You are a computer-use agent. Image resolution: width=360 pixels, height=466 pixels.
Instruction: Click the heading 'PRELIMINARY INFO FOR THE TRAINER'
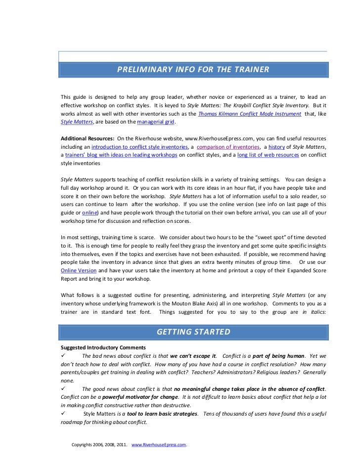pos(193,70)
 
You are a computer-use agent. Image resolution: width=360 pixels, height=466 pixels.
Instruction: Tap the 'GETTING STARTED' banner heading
pos(193,332)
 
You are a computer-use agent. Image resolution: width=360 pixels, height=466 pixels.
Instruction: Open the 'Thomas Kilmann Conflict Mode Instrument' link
pos(249,113)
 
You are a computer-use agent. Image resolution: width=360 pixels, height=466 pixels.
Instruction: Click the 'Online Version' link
pos(78,271)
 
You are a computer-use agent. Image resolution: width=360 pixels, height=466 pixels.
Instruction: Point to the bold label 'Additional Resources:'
pos(87,139)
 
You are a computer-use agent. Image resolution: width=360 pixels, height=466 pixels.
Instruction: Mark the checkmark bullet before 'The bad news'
pos(62,355)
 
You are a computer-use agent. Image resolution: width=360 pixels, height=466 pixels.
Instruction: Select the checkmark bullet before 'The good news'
pos(62,389)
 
